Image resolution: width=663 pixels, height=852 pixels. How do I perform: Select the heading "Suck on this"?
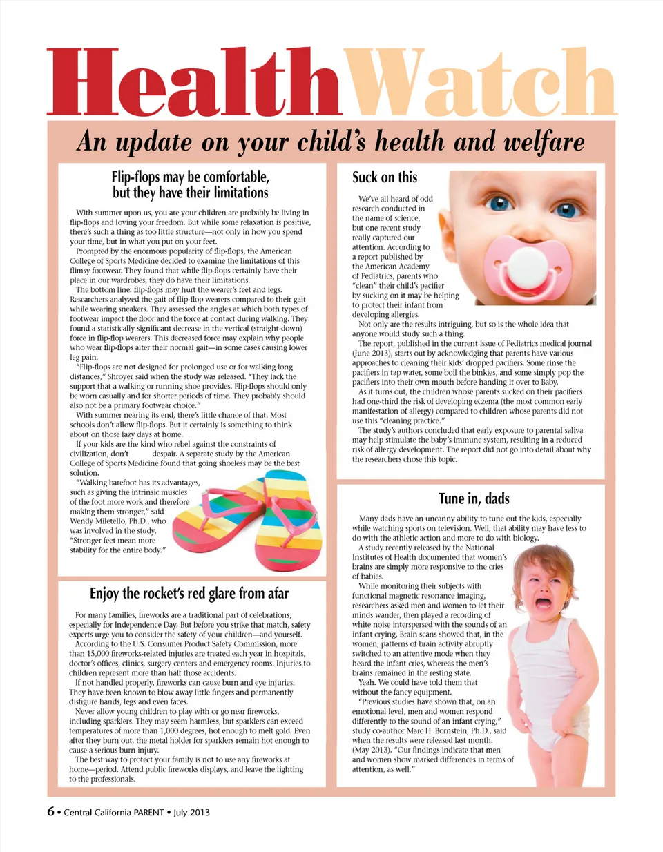(385, 177)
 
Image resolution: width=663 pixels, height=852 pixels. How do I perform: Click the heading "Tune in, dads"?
(474, 498)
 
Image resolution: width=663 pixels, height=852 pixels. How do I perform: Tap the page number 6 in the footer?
(50, 811)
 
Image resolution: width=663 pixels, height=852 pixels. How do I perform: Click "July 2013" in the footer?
(191, 813)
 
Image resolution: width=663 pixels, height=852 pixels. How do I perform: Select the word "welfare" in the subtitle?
(545, 142)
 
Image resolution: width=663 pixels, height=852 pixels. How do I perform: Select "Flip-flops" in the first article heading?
(135, 177)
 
